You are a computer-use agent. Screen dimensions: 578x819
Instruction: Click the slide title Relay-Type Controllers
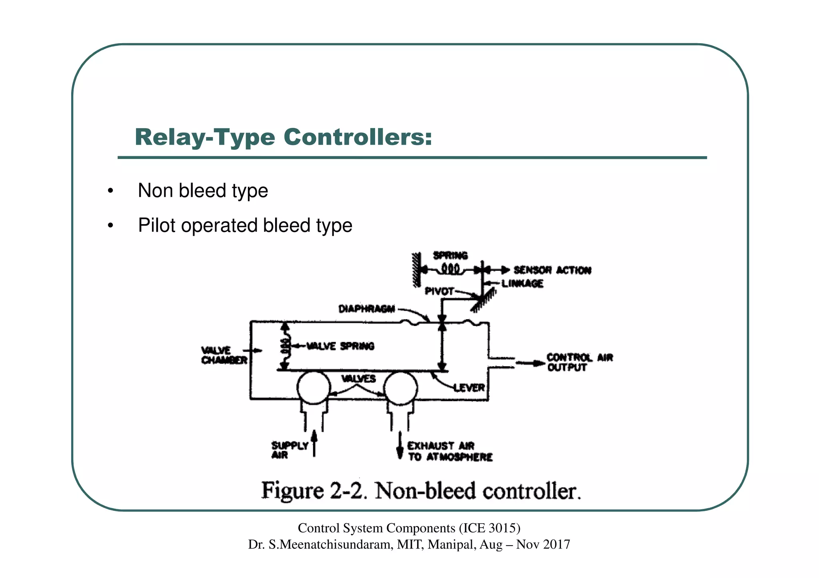[x=283, y=137]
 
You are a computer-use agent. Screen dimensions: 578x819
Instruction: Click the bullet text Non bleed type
[x=202, y=191]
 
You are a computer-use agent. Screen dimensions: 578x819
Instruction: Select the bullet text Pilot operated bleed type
[x=245, y=225]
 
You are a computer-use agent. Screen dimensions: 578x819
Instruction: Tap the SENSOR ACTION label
[x=552, y=270]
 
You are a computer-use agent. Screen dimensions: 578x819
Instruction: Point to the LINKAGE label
[x=522, y=284]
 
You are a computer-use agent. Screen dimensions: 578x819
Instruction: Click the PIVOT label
[x=439, y=292]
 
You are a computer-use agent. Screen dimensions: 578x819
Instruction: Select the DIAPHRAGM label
[x=366, y=309]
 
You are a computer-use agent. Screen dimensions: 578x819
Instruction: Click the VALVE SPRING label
[x=340, y=346]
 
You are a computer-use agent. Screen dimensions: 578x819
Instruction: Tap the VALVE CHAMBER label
[x=224, y=355]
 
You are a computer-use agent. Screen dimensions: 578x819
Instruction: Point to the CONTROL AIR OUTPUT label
[x=579, y=362]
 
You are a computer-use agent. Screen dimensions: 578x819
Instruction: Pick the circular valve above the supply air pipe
[x=314, y=387]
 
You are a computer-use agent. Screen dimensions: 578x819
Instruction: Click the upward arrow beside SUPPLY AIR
[x=314, y=443]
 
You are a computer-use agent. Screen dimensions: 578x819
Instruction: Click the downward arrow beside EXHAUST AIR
[x=400, y=445]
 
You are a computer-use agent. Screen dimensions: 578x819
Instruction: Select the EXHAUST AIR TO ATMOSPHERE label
[x=449, y=451]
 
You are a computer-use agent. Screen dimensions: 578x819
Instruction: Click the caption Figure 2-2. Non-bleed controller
[x=421, y=491]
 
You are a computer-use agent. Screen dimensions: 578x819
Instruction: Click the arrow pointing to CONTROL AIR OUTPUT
[x=530, y=363]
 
